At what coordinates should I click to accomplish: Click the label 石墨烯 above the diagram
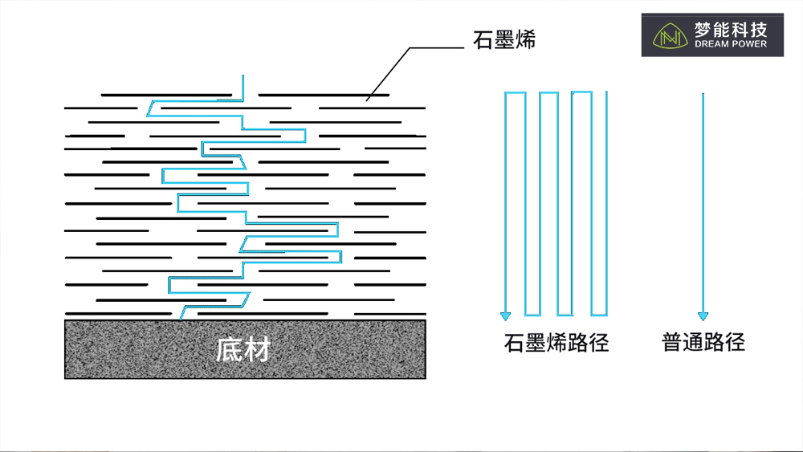504,39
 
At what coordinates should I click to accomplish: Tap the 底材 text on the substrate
243,349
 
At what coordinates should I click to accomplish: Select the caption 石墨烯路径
556,343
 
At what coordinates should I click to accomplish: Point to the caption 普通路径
703,342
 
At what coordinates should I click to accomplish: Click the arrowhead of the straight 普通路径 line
703,316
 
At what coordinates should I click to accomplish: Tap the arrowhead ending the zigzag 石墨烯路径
505,316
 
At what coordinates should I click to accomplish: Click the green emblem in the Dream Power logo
670,36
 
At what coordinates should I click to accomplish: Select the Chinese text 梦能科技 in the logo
731,30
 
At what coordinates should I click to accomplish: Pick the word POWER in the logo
749,44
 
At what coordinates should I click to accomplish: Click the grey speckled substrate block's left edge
65,349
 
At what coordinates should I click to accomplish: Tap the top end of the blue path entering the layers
243,75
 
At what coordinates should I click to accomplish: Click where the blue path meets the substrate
181,320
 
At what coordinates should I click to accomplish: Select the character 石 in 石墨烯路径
514,343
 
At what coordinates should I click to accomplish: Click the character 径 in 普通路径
735,342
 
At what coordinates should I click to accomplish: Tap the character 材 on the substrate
257,349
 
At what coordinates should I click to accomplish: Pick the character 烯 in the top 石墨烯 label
526,39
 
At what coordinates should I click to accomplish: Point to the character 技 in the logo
759,30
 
